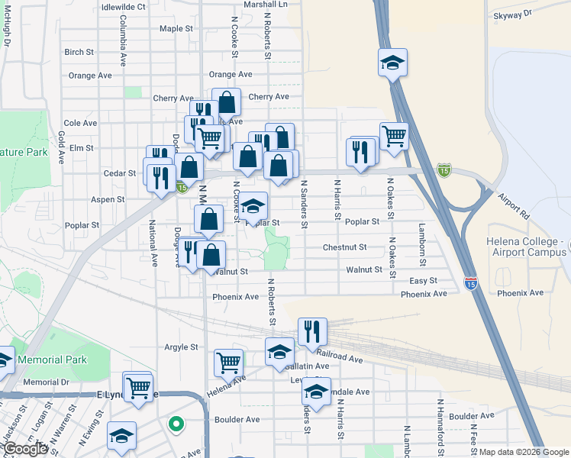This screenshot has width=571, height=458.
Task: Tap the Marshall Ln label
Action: (x=265, y=4)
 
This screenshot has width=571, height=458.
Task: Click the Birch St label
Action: (x=79, y=53)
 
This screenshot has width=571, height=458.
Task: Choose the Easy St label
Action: (x=422, y=281)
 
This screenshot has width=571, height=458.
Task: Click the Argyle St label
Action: (x=181, y=347)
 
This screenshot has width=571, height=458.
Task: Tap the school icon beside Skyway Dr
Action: (x=392, y=63)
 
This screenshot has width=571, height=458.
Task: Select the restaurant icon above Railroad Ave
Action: (x=312, y=331)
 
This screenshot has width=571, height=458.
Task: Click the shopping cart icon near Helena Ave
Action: (x=228, y=363)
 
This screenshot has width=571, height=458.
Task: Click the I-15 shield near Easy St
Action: (x=470, y=282)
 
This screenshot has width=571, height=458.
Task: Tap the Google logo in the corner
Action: (x=25, y=450)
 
